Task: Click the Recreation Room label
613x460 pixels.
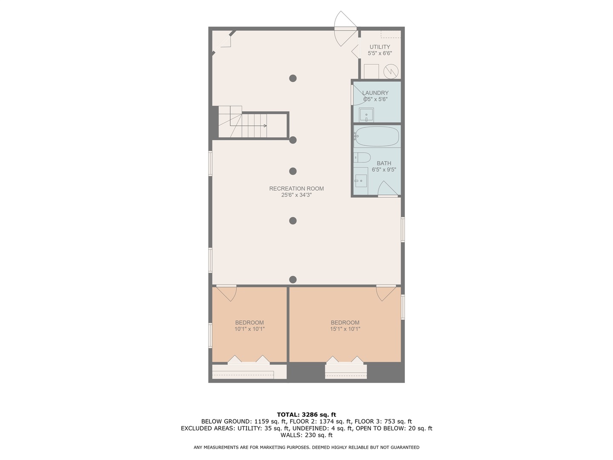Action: tap(296, 189)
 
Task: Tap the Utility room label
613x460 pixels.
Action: tap(380, 47)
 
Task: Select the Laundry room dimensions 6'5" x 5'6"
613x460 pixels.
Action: tap(375, 99)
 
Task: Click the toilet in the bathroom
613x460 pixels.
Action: tap(362, 158)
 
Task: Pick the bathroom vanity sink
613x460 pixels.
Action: tap(361, 180)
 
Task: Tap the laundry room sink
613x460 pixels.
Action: tap(366, 115)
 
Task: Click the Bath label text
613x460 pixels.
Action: tap(384, 163)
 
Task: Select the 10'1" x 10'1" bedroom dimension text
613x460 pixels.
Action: tap(249, 329)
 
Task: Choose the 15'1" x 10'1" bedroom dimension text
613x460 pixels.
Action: tap(345, 329)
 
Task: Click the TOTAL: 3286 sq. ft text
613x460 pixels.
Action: tap(306, 414)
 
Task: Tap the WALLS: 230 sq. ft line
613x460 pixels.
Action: tap(306, 435)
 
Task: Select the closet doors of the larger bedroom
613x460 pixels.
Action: tap(345, 360)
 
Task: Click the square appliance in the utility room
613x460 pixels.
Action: tap(371, 71)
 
